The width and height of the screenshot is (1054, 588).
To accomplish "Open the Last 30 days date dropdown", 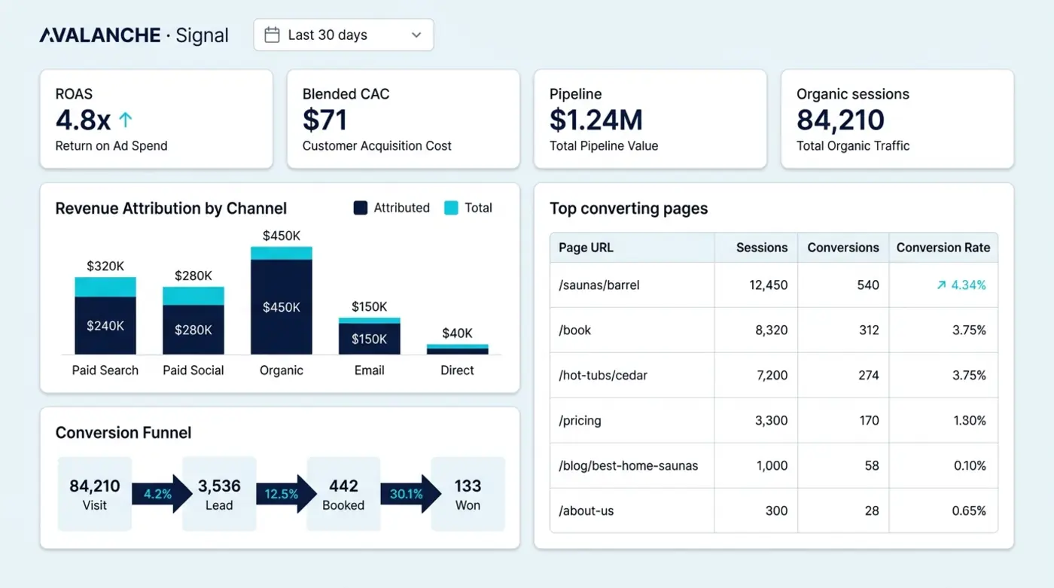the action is (343, 35).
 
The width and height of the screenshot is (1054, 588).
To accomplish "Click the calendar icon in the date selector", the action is (272, 35).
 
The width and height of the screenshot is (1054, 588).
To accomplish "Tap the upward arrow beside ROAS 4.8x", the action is (125, 120).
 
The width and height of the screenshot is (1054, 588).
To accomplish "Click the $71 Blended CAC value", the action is (324, 120).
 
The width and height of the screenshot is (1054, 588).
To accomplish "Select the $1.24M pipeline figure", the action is (596, 120).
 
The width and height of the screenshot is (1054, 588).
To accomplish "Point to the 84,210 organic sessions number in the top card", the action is (840, 120).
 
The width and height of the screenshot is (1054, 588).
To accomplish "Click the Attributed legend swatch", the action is (361, 208).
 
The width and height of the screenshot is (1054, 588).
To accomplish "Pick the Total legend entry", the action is (468, 208).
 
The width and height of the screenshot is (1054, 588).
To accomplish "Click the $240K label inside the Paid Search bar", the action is (105, 325).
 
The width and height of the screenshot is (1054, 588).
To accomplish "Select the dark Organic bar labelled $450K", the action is (282, 306).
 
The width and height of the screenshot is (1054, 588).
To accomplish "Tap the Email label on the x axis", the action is (370, 370).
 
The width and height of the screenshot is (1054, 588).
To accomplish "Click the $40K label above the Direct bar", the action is (457, 333).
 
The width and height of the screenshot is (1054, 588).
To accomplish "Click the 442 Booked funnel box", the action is (343, 494).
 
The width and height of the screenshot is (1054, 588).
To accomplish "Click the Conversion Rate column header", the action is (943, 248).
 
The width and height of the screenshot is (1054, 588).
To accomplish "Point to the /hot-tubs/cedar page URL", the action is (603, 376).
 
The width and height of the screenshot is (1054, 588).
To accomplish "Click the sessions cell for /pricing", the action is (771, 421).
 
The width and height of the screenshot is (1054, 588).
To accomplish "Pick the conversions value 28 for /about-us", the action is (872, 511).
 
